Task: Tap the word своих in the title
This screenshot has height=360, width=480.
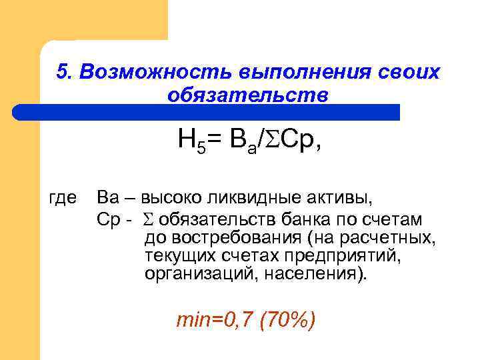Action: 407,73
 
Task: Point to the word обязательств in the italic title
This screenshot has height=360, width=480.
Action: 248,95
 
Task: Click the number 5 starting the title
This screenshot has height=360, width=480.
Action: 63,73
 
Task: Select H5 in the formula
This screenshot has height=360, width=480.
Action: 191,141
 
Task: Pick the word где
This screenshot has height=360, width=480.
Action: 64,198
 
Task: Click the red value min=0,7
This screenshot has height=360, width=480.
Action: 215,321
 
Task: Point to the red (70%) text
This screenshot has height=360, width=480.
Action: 288,321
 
